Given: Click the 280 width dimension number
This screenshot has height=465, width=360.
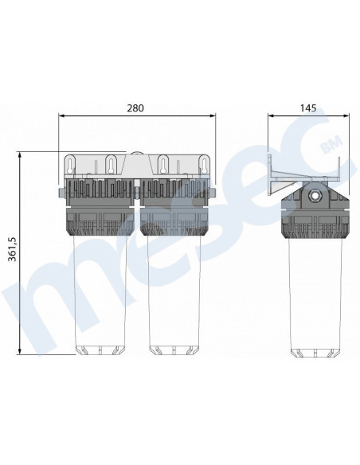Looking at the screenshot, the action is coord(135,108).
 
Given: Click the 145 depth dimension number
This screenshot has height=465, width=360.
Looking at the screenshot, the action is coord(308,108).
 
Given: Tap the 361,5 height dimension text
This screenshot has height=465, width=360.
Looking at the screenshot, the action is coord(12,249).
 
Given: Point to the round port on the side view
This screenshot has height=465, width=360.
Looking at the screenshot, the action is coord(315,195).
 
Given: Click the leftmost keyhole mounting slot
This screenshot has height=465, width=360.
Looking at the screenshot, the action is coord(70,165).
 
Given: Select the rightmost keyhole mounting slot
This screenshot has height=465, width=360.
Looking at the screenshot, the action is coord(204,165).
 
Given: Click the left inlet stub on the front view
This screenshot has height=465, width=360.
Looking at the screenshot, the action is coord(61,193).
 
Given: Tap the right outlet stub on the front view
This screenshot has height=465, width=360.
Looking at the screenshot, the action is coord(213,193).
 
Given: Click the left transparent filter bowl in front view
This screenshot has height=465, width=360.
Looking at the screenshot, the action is coord(101,294).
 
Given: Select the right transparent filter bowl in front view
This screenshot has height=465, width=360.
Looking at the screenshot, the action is coord(174,294).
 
